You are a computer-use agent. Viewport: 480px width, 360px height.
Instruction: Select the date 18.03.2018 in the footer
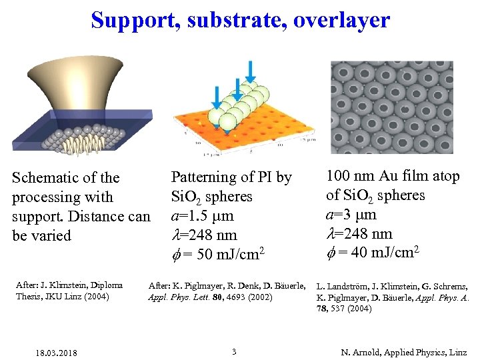[57, 352]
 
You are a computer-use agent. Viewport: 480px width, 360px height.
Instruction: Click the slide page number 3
[234, 351]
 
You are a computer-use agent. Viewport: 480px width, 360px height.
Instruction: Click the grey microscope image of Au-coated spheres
[392, 107]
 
